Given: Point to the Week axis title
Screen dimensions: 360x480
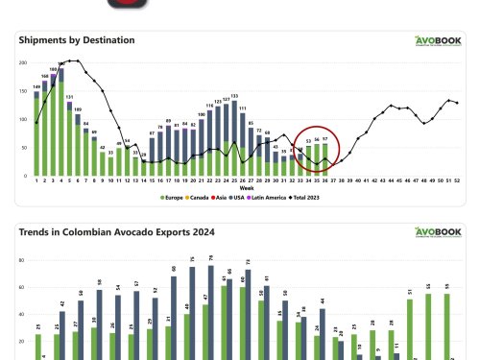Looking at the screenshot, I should [x=247, y=187].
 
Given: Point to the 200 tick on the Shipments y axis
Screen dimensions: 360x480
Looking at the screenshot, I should [x=24, y=63].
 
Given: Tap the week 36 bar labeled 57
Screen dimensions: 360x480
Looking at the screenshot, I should [x=326, y=159].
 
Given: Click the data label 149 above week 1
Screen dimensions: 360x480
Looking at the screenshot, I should [x=36, y=87].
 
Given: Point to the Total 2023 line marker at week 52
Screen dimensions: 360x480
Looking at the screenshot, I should [x=457, y=103].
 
